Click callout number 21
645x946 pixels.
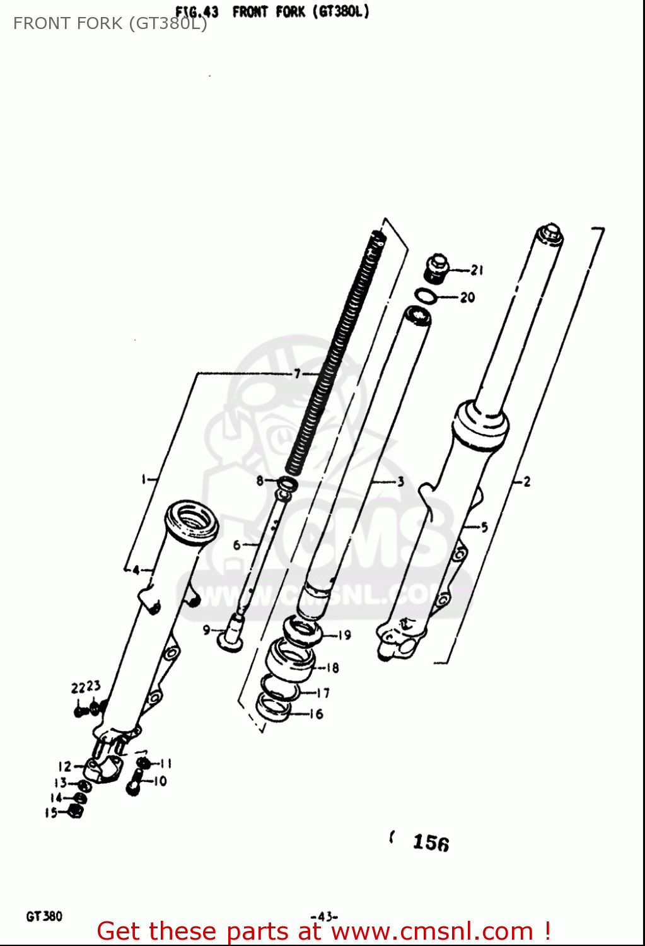coord(477,271)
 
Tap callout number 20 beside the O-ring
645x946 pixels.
coord(467,297)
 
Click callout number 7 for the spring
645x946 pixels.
coord(297,373)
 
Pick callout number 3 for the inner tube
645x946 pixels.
coord(400,482)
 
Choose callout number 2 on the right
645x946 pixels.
coord(527,482)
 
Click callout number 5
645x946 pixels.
coord(484,527)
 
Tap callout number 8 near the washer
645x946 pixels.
coord(260,481)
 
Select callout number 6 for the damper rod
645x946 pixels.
coord(236,545)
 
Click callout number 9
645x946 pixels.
coord(206,629)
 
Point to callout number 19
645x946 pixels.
coord(344,635)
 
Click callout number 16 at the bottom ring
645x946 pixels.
coord(317,714)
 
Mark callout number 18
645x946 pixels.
coord(332,668)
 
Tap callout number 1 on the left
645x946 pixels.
coord(144,480)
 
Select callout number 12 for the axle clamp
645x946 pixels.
coord(65,767)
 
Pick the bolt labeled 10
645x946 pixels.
coord(133,786)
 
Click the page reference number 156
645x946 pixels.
coord(431,843)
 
